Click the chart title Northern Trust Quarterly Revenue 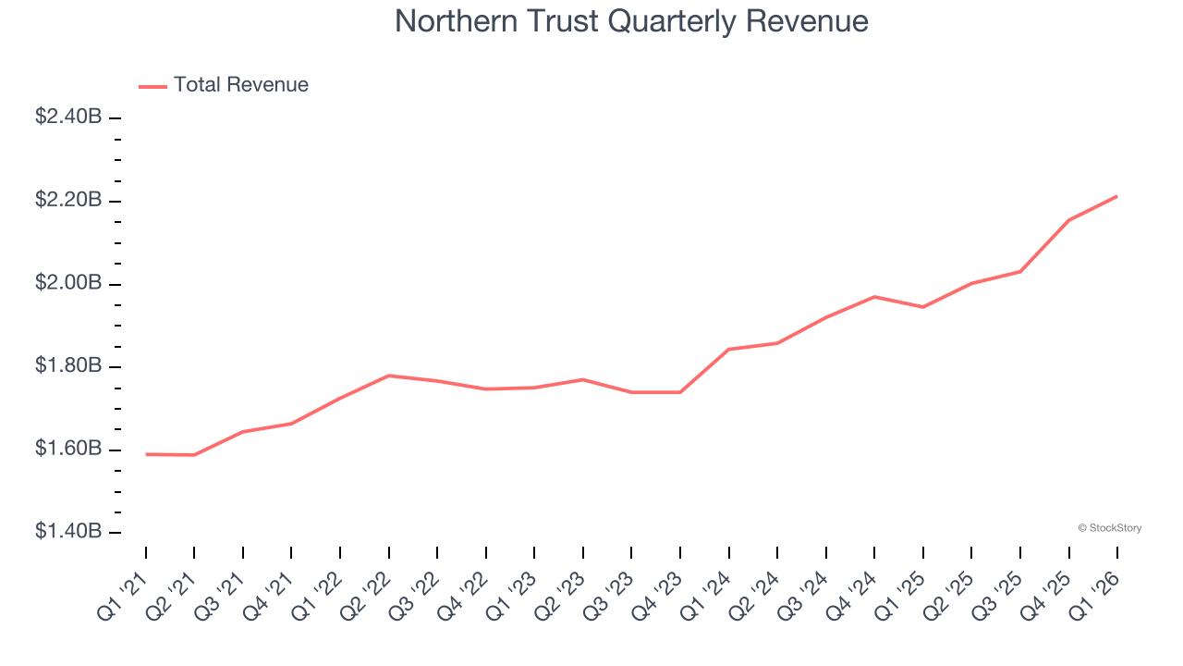coord(631,21)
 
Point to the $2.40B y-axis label coord(67,117)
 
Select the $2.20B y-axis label coord(67,201)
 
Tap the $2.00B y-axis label coord(67,283)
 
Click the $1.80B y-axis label coord(67,366)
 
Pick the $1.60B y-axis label coord(67,450)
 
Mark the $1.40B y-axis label coord(67,532)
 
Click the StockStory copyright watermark coord(1109,528)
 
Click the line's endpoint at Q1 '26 coord(1117,196)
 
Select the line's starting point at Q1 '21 coord(146,454)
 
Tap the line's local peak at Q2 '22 coord(389,376)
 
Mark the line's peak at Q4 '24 coord(874,297)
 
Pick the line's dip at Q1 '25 coord(923,307)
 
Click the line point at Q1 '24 coord(729,350)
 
